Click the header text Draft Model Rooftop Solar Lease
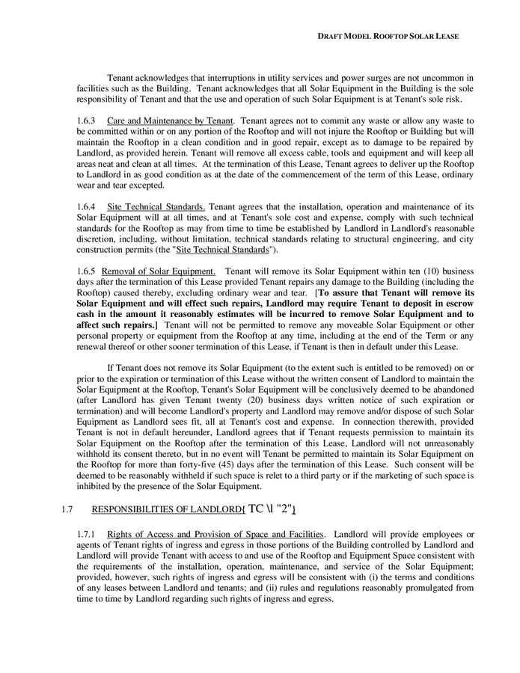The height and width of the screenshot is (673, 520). pos(388,36)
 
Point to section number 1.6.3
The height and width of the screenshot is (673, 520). pos(87,120)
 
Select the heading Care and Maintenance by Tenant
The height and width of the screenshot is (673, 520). pos(170,120)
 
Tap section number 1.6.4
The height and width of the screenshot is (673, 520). pos(87,206)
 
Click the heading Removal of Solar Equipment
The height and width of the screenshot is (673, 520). pos(159,271)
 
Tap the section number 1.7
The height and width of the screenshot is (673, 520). pos(66,510)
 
